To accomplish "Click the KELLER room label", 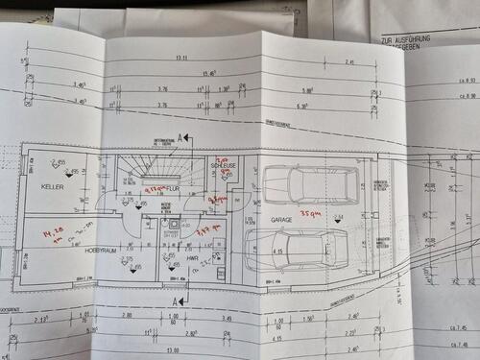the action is [52, 187].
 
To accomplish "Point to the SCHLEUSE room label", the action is [223, 166].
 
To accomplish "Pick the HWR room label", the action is [191, 259].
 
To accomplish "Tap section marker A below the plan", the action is [176, 300].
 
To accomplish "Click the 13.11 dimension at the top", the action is [181, 60].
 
